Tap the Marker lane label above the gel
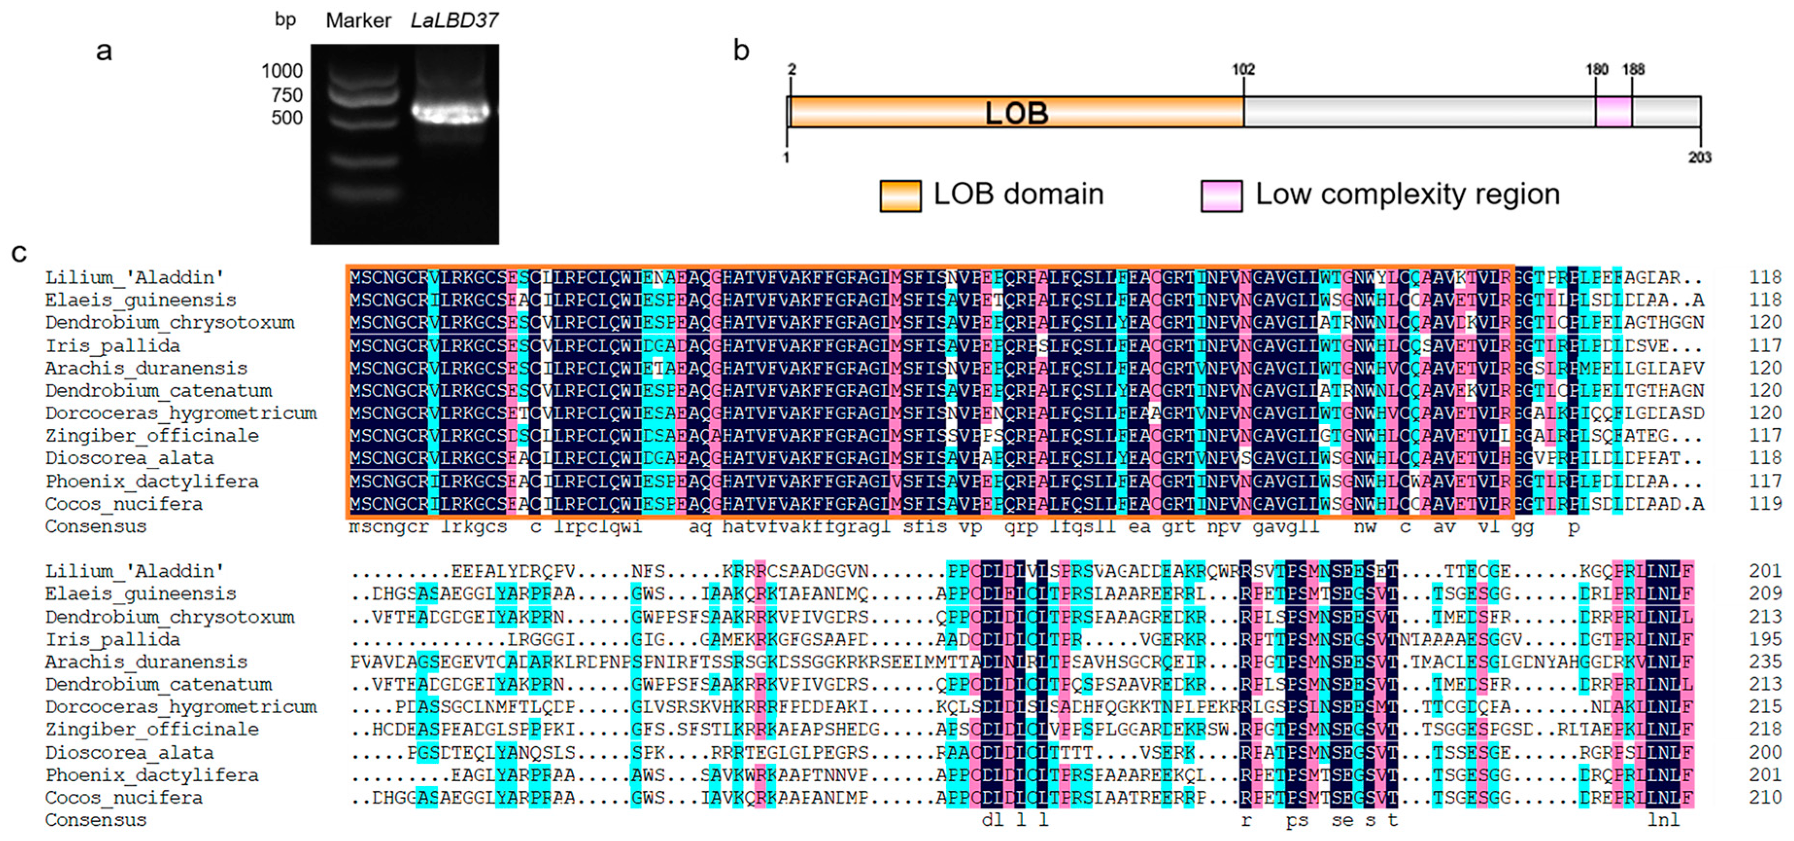point(358,21)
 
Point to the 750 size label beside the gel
point(287,95)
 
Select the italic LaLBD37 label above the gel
point(454,21)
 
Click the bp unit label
point(286,19)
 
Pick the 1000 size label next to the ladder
point(282,71)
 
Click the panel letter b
point(741,51)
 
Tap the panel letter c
point(19,252)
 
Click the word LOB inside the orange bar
point(1016,113)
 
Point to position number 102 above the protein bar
point(1243,69)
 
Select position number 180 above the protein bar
point(1597,69)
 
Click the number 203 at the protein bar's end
point(1699,157)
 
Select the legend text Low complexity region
point(1407,194)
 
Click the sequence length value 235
point(1765,661)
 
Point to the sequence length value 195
point(1765,639)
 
